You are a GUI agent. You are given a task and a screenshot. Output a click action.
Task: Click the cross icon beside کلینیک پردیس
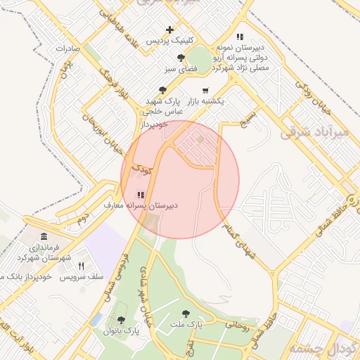[x=169, y=30]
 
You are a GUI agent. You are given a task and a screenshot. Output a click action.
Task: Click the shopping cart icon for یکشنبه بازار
[x=205, y=90]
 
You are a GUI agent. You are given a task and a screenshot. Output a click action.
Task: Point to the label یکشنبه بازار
[x=205, y=101]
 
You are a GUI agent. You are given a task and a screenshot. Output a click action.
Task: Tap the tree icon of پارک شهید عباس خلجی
[x=163, y=90]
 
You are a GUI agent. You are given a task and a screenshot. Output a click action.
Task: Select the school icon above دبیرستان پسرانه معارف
[x=141, y=195]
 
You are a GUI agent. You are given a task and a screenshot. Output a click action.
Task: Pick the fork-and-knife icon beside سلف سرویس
[x=81, y=266]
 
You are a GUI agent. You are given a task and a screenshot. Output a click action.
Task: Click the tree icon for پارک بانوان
[x=121, y=320]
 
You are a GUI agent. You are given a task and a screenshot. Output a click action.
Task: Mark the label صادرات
[x=70, y=49]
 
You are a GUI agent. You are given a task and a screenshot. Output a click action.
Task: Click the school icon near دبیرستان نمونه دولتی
[x=240, y=36]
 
